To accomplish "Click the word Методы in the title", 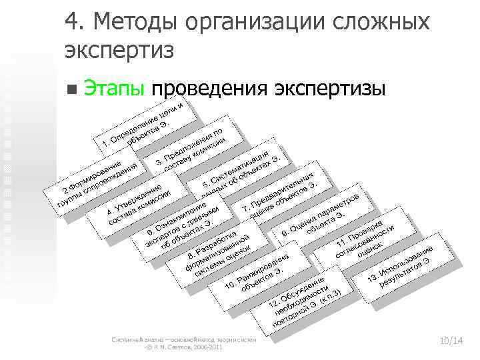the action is [135, 23].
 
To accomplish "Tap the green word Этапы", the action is [117, 88].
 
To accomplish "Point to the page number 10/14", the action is [451, 341].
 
